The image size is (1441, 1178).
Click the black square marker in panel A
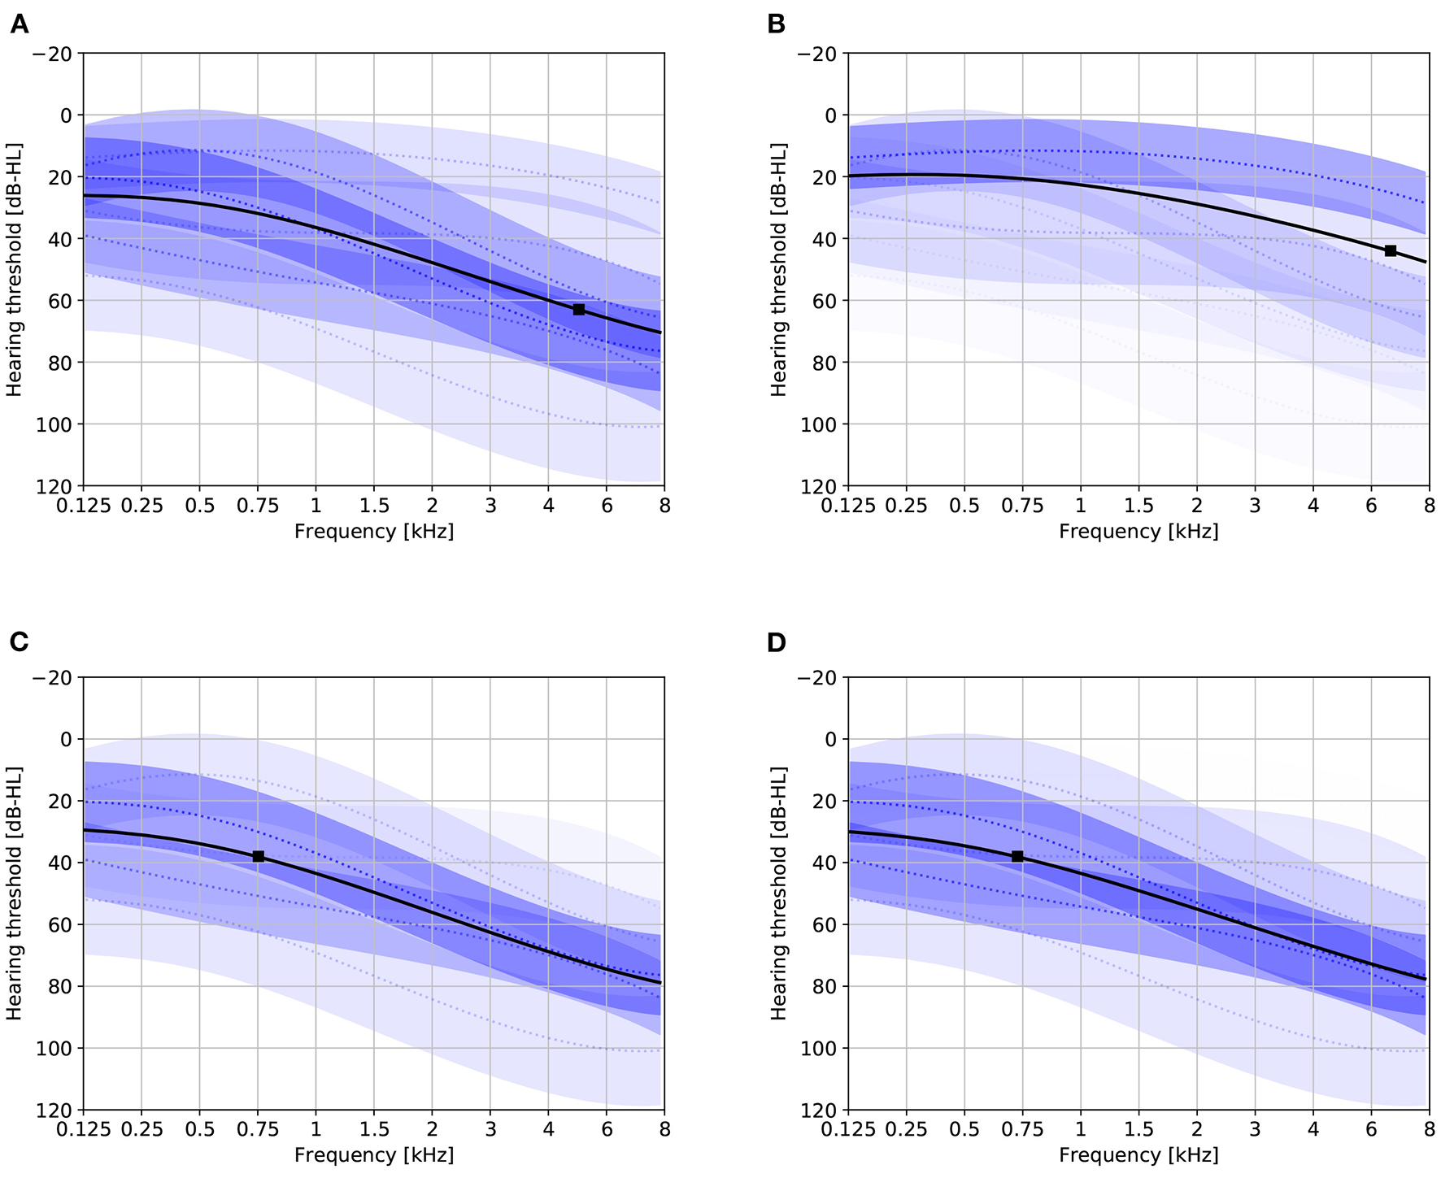(x=579, y=310)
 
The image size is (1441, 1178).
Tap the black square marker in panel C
(x=259, y=857)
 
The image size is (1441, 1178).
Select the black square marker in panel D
(x=1017, y=857)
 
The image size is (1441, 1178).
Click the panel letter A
(x=19, y=25)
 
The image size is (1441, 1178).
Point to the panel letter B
(x=776, y=25)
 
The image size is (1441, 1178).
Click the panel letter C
(x=19, y=642)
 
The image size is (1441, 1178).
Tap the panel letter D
(x=777, y=642)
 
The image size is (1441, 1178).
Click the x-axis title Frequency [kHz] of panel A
(x=374, y=532)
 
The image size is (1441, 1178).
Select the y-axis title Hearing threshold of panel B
(x=779, y=270)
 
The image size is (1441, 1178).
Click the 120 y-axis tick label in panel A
(x=56, y=486)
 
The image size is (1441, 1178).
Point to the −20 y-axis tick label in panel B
(x=816, y=54)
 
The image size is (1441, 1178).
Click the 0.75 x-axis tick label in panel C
(x=258, y=1129)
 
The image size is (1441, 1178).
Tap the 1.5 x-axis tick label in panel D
(x=1138, y=1129)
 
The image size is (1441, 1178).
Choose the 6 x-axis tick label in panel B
(x=1371, y=506)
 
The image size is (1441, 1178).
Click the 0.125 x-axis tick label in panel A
(x=83, y=506)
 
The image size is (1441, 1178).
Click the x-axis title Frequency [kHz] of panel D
(x=1138, y=1155)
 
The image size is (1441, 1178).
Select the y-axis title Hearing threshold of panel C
(x=15, y=893)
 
